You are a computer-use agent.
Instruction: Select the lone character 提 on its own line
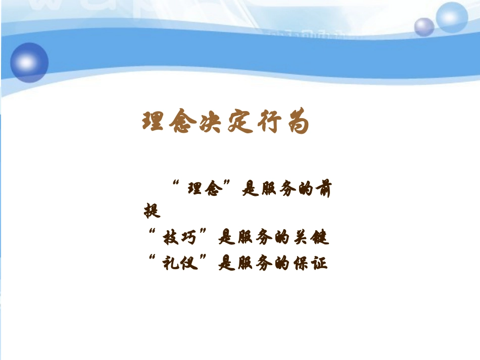tap(152, 211)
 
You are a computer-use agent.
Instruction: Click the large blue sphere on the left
tap(29, 62)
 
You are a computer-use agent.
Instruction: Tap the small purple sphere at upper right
tap(424, 27)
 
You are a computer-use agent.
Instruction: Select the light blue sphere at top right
tap(451, 17)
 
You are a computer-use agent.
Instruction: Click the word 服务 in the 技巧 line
tap(261, 236)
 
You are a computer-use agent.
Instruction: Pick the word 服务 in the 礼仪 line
tap(261, 263)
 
